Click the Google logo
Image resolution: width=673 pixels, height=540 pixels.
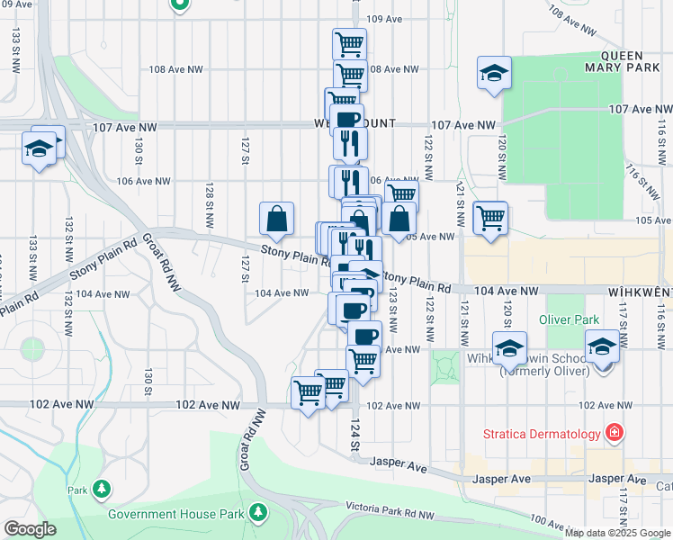point(30,530)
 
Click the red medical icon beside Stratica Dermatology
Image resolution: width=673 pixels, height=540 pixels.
point(615,433)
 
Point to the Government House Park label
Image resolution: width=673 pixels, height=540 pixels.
point(176,514)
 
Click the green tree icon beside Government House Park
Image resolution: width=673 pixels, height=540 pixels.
point(259,512)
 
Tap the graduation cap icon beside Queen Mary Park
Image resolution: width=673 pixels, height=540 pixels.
point(494,74)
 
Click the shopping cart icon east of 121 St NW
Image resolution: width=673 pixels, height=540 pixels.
point(490,218)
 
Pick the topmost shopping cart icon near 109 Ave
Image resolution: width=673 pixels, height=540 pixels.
point(349,45)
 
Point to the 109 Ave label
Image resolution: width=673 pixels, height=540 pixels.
point(384,18)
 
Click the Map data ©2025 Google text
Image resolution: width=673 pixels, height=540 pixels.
point(617,532)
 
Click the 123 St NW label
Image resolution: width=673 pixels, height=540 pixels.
point(393,306)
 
